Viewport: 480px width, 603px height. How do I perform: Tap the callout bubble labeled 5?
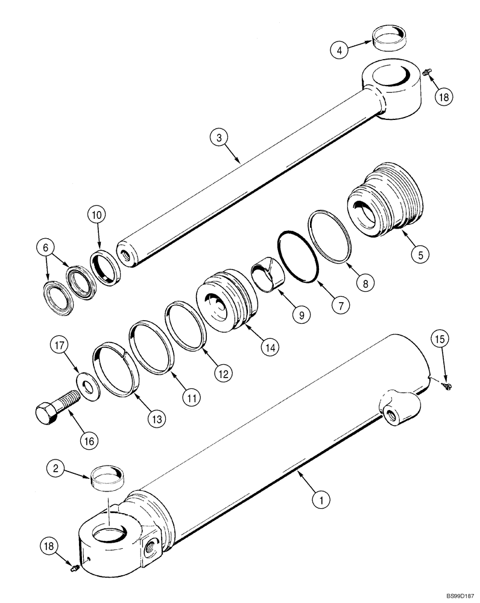[x=420, y=254]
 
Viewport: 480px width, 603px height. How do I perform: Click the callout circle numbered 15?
[x=438, y=341]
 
